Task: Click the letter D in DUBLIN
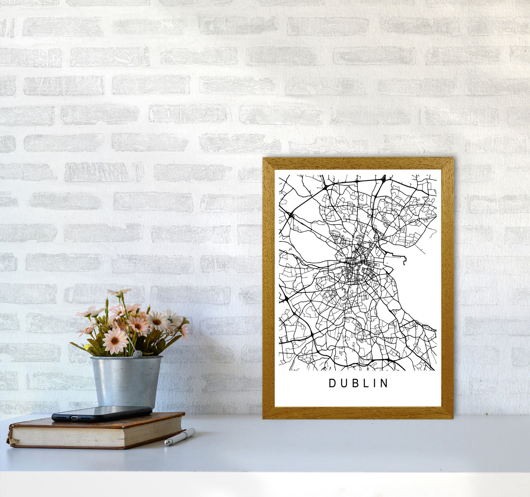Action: click(x=332, y=383)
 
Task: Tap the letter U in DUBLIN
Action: click(x=343, y=383)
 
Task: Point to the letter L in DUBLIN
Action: click(x=365, y=383)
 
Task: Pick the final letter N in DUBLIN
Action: click(x=385, y=383)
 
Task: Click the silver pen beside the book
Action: click(x=180, y=436)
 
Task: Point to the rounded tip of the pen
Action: click(x=167, y=443)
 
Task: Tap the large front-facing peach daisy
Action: click(x=115, y=340)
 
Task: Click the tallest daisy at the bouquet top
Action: click(x=119, y=292)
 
